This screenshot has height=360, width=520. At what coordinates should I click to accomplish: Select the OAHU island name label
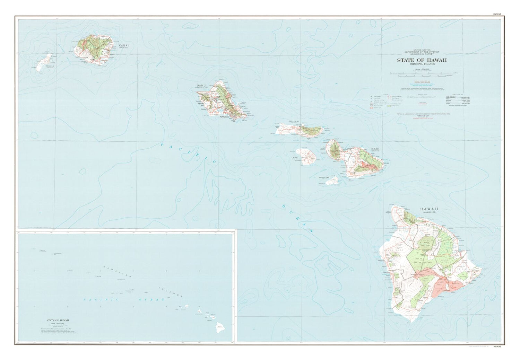click(x=201, y=85)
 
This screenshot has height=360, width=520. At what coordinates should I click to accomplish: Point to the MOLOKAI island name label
click(x=294, y=122)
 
